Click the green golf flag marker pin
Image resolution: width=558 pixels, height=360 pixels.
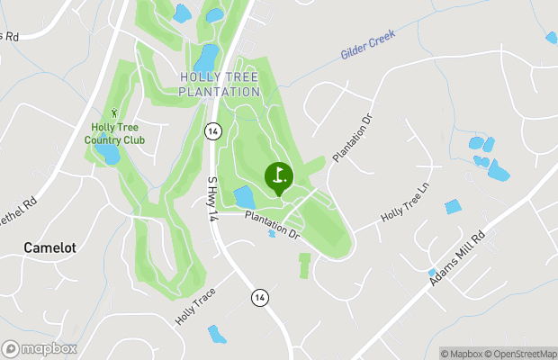click(x=278, y=175)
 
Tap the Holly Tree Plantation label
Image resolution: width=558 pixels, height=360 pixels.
click(x=219, y=85)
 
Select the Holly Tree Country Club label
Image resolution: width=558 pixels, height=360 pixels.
click(x=114, y=133)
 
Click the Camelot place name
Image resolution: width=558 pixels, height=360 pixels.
click(x=49, y=247)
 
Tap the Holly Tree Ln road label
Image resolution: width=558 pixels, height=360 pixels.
click(x=407, y=206)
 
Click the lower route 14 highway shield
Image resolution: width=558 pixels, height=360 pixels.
click(x=259, y=297)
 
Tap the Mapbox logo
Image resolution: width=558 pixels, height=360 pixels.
click(x=40, y=348)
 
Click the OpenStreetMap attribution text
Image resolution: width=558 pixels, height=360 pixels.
click(x=521, y=353)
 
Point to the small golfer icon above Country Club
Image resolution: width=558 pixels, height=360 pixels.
click(x=114, y=112)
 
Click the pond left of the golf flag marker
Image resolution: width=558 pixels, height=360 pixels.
click(x=244, y=197)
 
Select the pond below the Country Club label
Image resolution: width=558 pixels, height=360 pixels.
click(x=108, y=154)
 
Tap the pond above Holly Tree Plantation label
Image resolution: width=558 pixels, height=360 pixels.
click(x=206, y=58)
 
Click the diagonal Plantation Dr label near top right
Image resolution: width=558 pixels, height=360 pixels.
click(x=352, y=138)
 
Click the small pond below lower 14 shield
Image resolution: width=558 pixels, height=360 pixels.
click(x=217, y=335)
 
